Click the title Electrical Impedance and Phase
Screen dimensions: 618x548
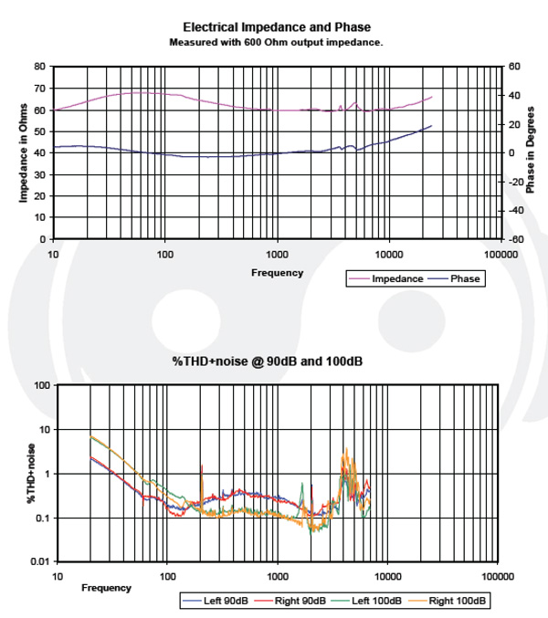click(x=277, y=27)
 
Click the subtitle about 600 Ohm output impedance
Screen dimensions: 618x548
click(x=276, y=42)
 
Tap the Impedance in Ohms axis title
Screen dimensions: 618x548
click(x=24, y=152)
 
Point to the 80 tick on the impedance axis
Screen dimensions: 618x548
click(x=39, y=67)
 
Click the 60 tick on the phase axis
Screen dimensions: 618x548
click(x=514, y=67)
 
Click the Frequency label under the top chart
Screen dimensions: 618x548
click(x=277, y=272)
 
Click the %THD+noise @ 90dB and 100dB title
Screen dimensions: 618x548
click(x=268, y=361)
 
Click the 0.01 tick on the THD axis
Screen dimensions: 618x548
click(x=38, y=561)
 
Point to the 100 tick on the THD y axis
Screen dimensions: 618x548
click(x=40, y=385)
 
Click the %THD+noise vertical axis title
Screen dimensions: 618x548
click(x=28, y=473)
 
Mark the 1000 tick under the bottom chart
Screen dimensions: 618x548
click(x=278, y=577)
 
